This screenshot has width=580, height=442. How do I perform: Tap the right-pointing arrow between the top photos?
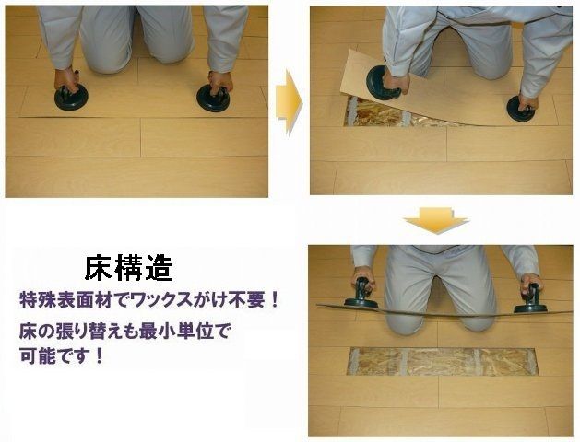[289, 102]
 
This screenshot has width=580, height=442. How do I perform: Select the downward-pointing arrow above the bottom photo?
[436, 220]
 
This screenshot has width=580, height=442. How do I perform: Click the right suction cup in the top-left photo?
[214, 98]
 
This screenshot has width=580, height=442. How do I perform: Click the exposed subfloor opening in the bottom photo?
[442, 362]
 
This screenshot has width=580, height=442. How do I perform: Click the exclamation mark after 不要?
[274, 301]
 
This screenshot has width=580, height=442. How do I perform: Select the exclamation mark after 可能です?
[99, 356]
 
